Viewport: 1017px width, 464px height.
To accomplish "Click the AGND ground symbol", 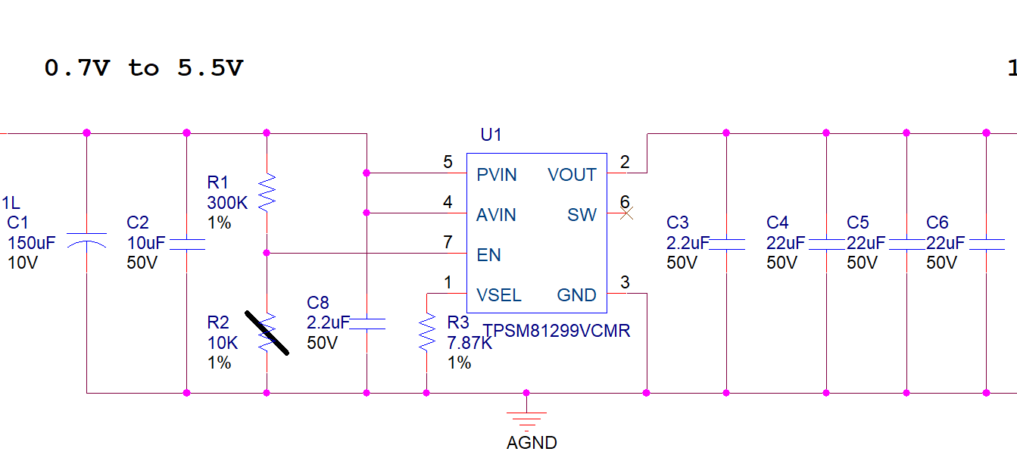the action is pyautogui.click(x=526, y=420).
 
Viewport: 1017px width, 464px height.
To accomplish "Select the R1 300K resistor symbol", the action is pyautogui.click(x=267, y=192).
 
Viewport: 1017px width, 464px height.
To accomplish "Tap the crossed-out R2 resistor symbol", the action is pyautogui.click(x=267, y=333).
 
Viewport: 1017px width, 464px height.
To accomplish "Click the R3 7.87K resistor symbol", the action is pyautogui.click(x=427, y=332).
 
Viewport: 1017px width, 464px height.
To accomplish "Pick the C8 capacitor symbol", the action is pyautogui.click(x=367, y=324).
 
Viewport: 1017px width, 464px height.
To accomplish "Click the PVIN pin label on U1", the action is pyautogui.click(x=497, y=175).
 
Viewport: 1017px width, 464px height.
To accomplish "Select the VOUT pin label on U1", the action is pyautogui.click(x=572, y=175).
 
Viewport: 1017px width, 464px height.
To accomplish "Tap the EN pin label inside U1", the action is pyautogui.click(x=488, y=255).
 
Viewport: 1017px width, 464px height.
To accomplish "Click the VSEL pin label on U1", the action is pyautogui.click(x=498, y=295).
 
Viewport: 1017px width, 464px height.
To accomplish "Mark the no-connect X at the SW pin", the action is pyautogui.click(x=626, y=213).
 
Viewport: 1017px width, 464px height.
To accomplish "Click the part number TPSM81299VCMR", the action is pyautogui.click(x=556, y=331).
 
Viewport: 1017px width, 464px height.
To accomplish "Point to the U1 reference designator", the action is pyautogui.click(x=491, y=135).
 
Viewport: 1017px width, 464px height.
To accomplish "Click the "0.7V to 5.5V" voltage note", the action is pyautogui.click(x=144, y=68).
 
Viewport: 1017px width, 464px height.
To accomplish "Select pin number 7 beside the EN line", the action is pyautogui.click(x=448, y=242).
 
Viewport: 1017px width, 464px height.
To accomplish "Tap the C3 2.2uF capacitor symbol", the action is pyautogui.click(x=726, y=244).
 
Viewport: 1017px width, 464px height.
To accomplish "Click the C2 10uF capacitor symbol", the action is pyautogui.click(x=187, y=244).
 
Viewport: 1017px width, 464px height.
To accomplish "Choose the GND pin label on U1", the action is pyautogui.click(x=576, y=295).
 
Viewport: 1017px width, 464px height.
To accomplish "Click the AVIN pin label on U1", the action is pyautogui.click(x=496, y=215).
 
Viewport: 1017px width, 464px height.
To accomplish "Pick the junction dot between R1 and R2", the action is pyautogui.click(x=267, y=253).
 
